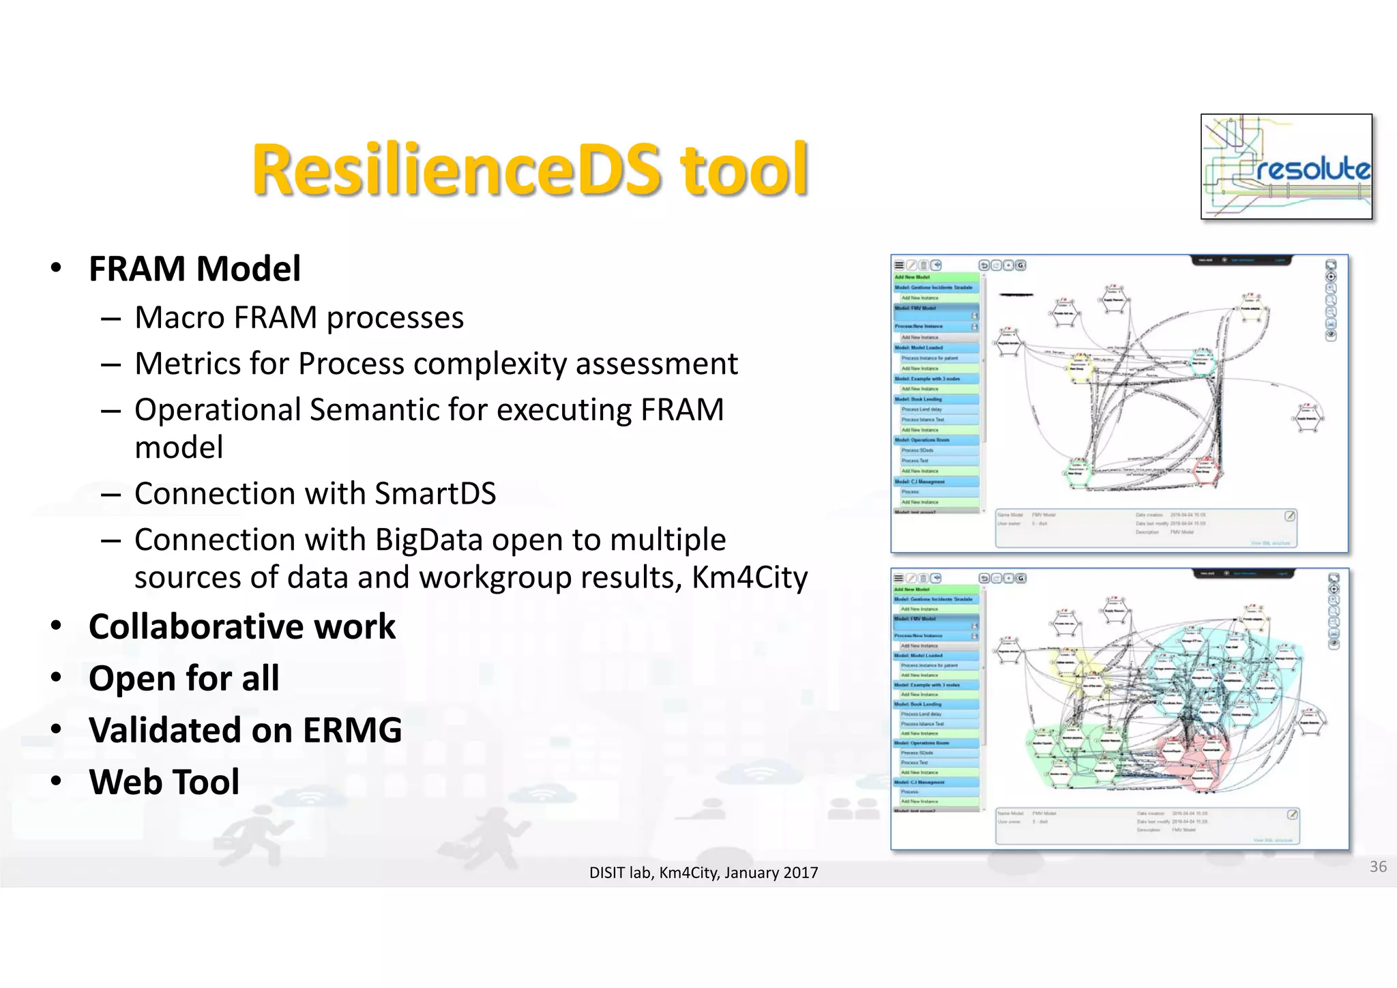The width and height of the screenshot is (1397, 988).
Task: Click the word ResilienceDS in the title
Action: [456, 169]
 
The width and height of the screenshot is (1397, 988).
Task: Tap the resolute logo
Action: [1286, 166]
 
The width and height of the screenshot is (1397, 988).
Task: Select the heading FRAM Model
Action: [194, 268]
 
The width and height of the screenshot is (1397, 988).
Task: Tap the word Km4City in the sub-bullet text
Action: [749, 577]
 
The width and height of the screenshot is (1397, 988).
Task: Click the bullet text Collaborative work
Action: [241, 626]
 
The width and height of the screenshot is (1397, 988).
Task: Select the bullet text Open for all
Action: [183, 678]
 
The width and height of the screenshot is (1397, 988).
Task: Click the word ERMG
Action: [352, 730]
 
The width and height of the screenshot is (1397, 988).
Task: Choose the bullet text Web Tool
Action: [164, 782]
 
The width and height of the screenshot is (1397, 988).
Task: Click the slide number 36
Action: [1377, 867]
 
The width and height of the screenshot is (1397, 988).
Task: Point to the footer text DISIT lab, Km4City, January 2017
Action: [703, 873]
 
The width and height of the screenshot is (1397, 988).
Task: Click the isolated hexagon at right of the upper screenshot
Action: [1308, 418]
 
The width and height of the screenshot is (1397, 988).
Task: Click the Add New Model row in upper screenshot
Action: [935, 277]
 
